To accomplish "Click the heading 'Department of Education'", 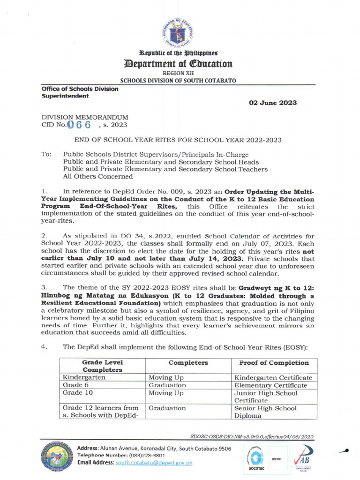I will [180, 63].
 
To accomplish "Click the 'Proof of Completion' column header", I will [274, 363].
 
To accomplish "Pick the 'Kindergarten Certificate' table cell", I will [273, 377].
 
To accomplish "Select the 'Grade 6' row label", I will [75, 385].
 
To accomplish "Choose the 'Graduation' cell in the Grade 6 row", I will [167, 385].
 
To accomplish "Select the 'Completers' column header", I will [188, 363].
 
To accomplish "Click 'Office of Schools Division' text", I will [79, 89].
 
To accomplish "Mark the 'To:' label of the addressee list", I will [46, 154].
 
